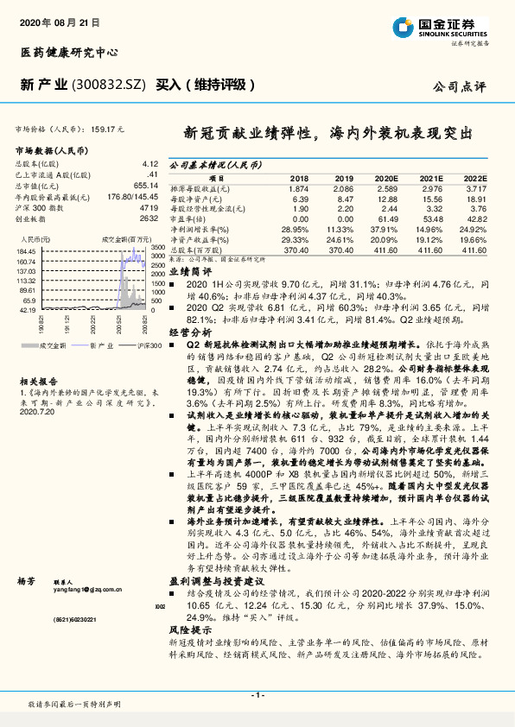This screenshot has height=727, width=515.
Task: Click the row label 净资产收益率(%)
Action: [x=199, y=241]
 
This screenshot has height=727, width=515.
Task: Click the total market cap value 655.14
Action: [x=144, y=184]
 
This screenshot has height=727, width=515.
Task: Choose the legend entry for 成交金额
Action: [x=51, y=344]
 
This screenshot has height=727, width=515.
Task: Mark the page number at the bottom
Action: [x=257, y=695]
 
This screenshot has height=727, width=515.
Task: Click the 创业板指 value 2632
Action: [x=148, y=218]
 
